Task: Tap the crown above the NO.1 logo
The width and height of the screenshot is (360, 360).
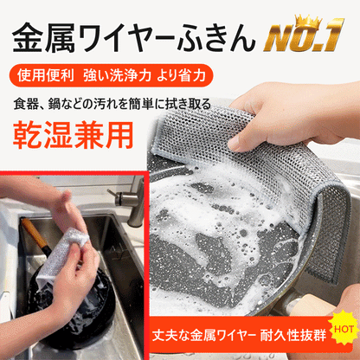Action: pos(309,21)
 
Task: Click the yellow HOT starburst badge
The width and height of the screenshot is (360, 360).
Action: pos(344,329)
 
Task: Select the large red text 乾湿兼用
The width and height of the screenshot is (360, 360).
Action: pos(73,135)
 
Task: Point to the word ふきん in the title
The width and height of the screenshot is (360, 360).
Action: pos(216,37)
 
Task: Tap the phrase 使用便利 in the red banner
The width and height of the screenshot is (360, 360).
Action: pos(46,75)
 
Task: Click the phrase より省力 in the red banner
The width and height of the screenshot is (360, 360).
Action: pos(181,75)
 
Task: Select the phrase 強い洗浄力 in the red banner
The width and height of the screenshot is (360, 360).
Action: pos(118,75)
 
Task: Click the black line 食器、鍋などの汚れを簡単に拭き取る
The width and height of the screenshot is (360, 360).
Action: pos(112,104)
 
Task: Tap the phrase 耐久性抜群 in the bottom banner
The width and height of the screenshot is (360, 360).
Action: pos(292,336)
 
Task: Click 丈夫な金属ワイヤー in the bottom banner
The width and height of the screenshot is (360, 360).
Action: pos(204,336)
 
